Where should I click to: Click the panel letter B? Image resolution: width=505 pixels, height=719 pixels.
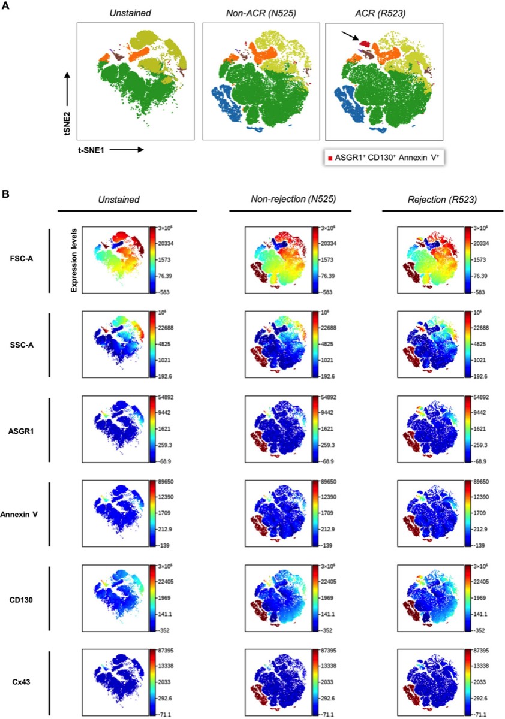click(5, 195)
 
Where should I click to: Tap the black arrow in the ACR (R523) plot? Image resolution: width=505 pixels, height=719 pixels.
click(353, 37)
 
